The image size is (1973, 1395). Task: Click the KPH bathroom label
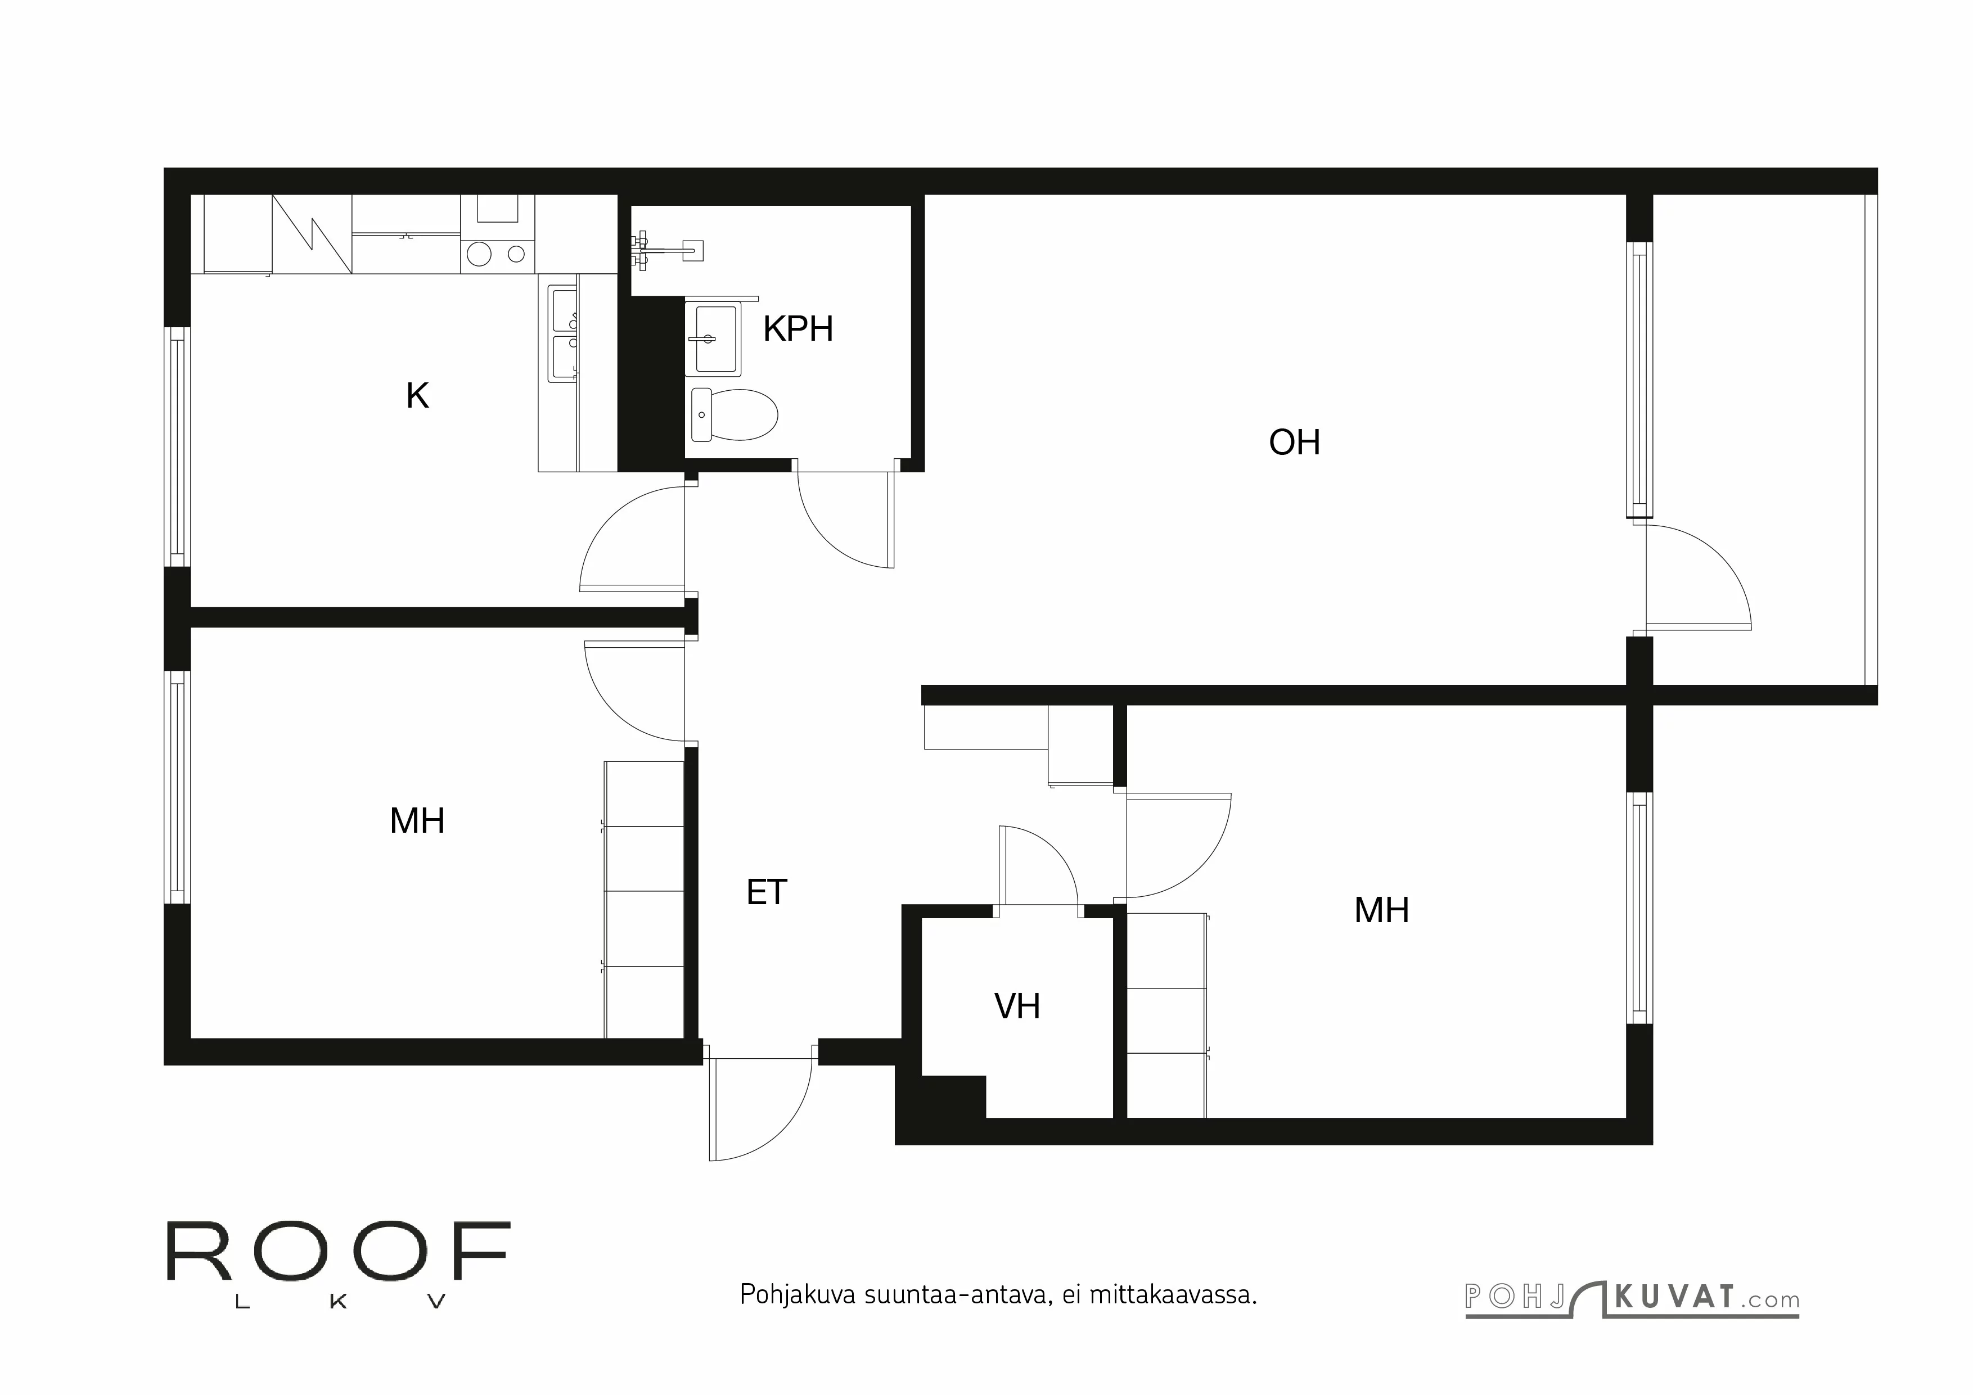pos(798,329)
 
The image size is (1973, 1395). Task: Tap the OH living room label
pos(1294,443)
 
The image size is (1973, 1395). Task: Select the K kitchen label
pos(418,396)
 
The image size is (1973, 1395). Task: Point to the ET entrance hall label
pos(767,892)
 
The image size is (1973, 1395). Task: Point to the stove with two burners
pos(497,254)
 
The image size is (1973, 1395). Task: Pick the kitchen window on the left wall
pos(177,446)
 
